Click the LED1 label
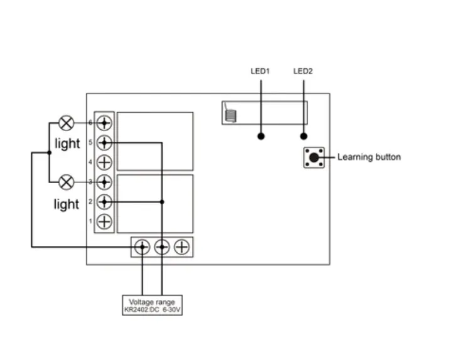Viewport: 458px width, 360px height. pyautogui.click(x=260, y=71)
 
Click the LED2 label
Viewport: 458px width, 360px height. pyautogui.click(x=303, y=71)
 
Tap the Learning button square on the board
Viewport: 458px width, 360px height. pyautogui.click(x=314, y=157)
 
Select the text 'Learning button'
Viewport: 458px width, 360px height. pyautogui.click(x=369, y=157)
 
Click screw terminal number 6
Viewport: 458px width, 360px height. pyautogui.click(x=105, y=122)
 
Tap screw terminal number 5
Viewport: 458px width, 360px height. pyautogui.click(x=105, y=142)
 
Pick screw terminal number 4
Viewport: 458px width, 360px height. pyautogui.click(x=105, y=162)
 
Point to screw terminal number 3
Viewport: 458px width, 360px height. pyautogui.click(x=105, y=182)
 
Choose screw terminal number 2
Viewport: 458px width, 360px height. pyautogui.click(x=105, y=202)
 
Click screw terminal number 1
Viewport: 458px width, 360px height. pyautogui.click(x=105, y=221)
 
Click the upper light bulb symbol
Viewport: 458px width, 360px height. pyautogui.click(x=66, y=122)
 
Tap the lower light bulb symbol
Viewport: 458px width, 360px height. pyautogui.click(x=66, y=182)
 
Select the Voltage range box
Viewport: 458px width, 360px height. pyautogui.click(x=153, y=305)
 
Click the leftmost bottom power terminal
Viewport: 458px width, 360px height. pyautogui.click(x=142, y=247)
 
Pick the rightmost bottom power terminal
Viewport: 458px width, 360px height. pyautogui.click(x=182, y=247)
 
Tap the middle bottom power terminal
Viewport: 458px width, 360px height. pyautogui.click(x=162, y=247)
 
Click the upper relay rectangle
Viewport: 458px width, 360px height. pyautogui.click(x=155, y=141)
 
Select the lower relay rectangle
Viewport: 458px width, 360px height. pyautogui.click(x=155, y=204)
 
